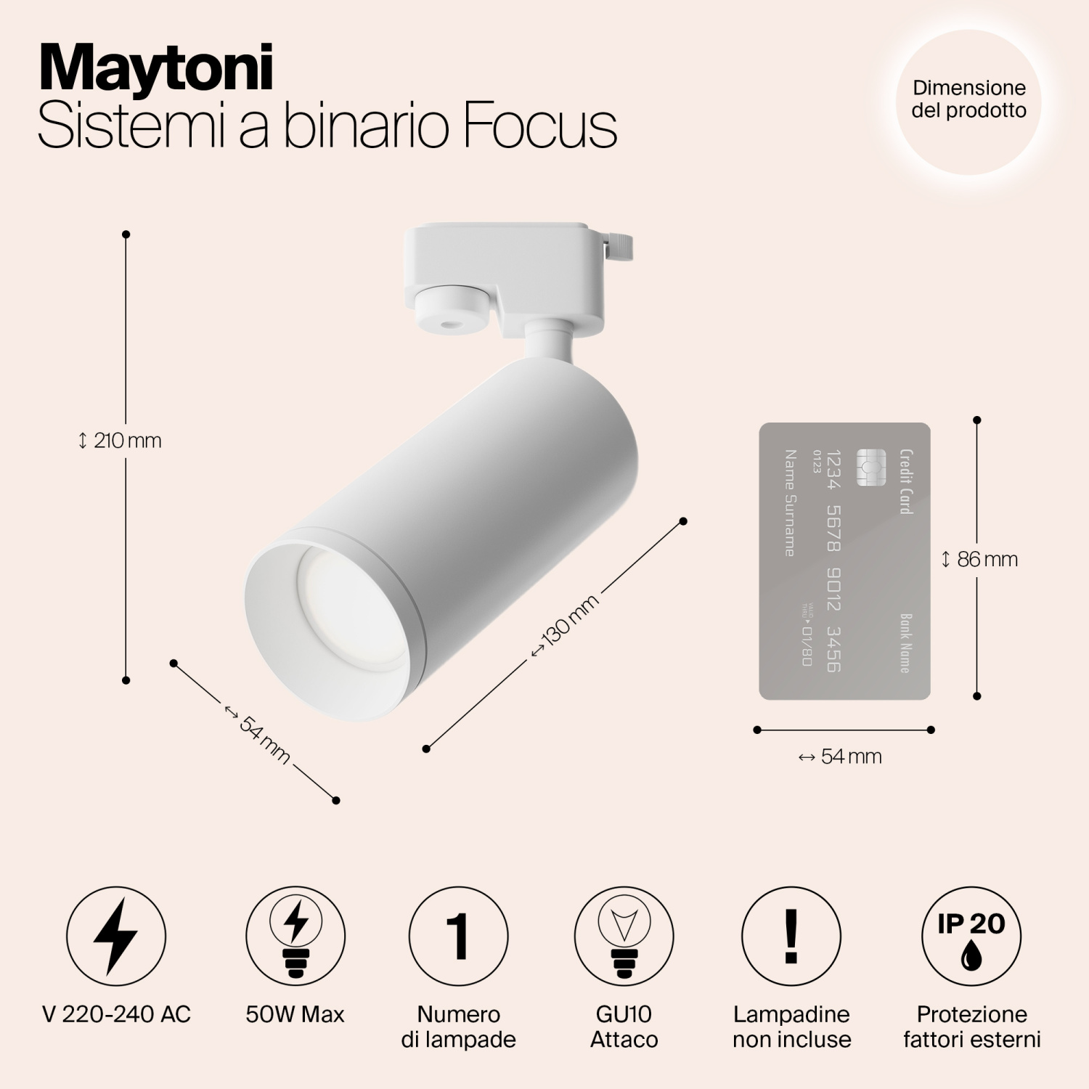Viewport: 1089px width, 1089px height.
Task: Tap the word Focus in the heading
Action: coord(539,126)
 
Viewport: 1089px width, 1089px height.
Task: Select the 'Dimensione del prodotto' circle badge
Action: coord(968,100)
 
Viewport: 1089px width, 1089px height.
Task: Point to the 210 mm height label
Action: coord(121,441)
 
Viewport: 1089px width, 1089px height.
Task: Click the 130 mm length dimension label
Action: coord(566,625)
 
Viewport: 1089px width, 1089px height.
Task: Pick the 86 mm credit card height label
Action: coord(981,559)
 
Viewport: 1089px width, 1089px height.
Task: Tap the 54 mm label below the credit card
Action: coord(841,756)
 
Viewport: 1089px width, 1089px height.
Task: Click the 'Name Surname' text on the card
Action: coord(790,502)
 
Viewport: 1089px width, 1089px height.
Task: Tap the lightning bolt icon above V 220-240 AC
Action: coord(116,936)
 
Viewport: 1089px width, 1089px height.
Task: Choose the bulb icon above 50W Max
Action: coord(295,936)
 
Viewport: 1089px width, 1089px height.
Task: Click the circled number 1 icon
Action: coord(458,936)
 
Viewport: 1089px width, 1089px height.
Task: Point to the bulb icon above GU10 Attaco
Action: coord(624,936)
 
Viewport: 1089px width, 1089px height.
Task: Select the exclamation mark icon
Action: coord(791,936)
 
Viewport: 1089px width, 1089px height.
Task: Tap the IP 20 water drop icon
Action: coord(971,936)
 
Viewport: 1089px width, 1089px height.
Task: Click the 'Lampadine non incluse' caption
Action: coord(791,1027)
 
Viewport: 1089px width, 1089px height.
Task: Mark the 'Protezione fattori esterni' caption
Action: coord(971,1027)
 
